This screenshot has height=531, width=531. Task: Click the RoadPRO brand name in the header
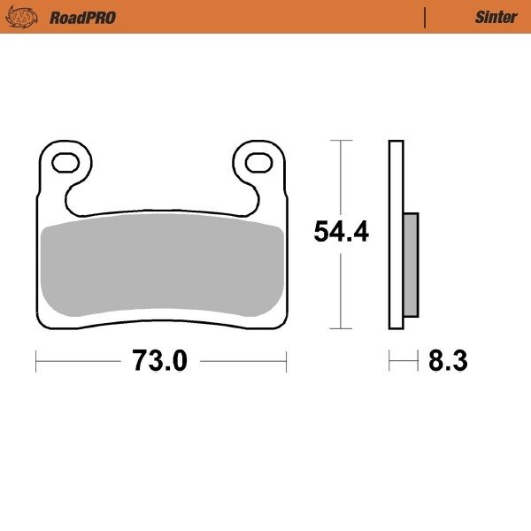pyautogui.click(x=83, y=18)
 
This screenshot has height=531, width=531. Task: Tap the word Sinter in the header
pyautogui.click(x=496, y=18)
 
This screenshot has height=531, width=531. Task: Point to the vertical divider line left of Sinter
pyautogui.click(x=426, y=18)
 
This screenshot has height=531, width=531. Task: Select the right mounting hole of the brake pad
pyautogui.click(x=258, y=162)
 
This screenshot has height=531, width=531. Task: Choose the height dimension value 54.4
pyautogui.click(x=341, y=232)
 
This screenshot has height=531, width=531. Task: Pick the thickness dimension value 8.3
pyautogui.click(x=448, y=361)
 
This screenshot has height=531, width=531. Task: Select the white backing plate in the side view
pyautogui.click(x=396, y=177)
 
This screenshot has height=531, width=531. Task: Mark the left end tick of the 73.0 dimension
pyautogui.click(x=35, y=360)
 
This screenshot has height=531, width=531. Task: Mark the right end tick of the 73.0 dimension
pyautogui.click(x=287, y=360)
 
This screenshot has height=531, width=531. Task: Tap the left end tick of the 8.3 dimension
pyautogui.click(x=389, y=360)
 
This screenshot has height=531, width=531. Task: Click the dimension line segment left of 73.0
pyautogui.click(x=80, y=360)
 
